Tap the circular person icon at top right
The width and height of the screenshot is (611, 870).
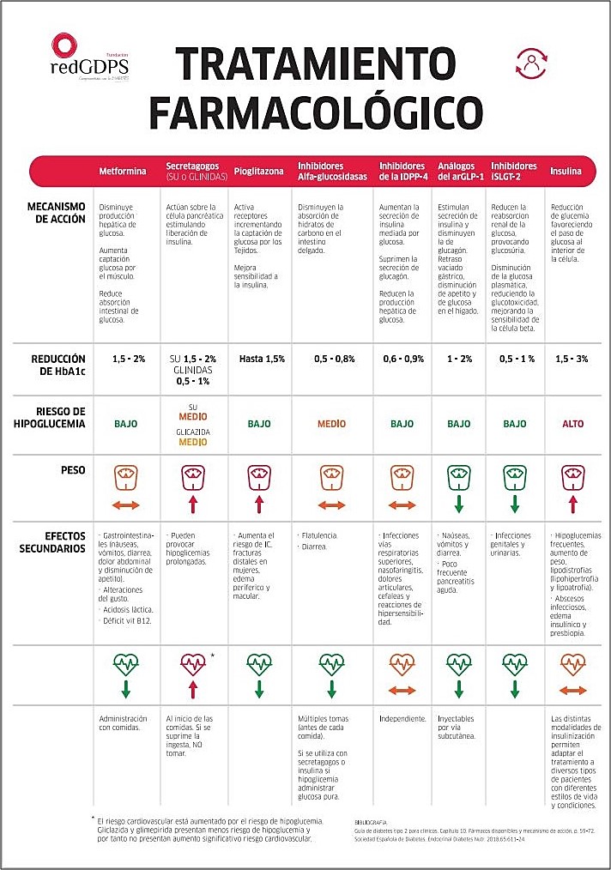[x=532, y=64]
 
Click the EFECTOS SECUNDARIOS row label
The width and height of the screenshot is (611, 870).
[x=53, y=541]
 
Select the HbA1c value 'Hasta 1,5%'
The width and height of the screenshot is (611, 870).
[x=262, y=359]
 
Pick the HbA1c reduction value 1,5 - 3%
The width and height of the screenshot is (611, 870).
[x=572, y=359]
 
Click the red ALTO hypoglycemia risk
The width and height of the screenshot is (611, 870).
[x=572, y=424]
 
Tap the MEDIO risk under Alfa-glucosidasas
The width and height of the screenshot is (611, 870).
[x=331, y=424]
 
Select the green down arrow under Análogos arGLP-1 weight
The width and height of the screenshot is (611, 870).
[x=458, y=505]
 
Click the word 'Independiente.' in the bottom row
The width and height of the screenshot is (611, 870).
[x=402, y=718]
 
